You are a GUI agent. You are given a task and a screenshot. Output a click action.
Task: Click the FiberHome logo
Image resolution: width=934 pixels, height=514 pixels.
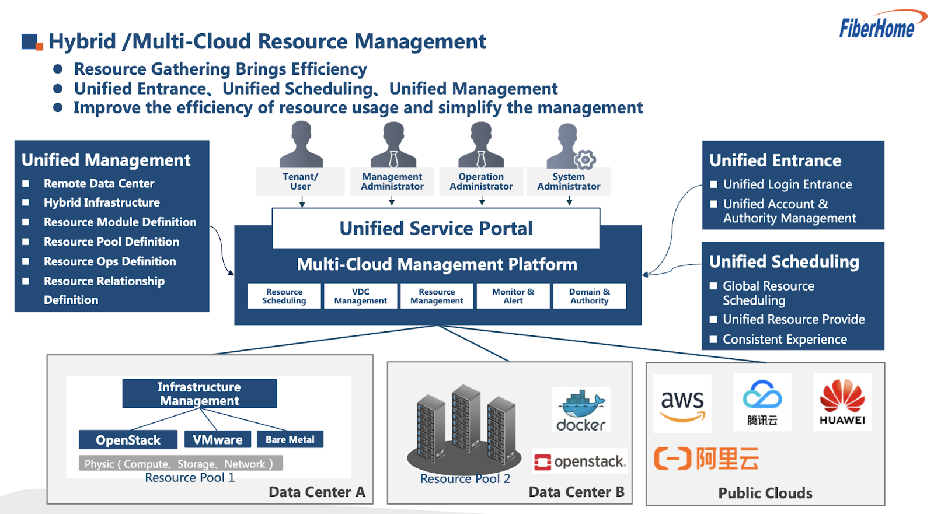tap(879, 26)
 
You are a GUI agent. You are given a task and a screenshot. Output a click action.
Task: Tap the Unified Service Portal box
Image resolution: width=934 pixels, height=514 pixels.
tap(436, 228)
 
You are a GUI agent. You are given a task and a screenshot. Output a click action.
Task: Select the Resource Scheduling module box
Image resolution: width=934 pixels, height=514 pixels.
tap(284, 296)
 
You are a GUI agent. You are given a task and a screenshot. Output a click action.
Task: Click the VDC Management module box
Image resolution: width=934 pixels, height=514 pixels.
tap(361, 296)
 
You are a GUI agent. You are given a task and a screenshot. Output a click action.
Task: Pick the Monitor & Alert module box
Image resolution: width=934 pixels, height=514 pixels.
tap(513, 296)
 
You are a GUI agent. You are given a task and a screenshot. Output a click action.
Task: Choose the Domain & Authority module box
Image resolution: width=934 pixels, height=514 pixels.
tap(590, 296)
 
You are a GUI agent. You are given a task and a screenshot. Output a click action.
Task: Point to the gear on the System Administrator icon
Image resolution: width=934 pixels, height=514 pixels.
tap(584, 159)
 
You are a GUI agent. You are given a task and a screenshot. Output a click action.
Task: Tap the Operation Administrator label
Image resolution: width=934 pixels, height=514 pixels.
tap(481, 181)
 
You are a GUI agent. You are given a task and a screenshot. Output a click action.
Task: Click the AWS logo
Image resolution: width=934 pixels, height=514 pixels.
tap(682, 404)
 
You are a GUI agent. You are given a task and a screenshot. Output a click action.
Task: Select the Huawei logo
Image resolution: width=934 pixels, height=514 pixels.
tap(842, 402)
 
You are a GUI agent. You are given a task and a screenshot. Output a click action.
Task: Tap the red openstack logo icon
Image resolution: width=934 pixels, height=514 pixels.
tap(542, 462)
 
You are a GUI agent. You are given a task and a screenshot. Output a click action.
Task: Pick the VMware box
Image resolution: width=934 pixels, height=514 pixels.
tap(218, 439)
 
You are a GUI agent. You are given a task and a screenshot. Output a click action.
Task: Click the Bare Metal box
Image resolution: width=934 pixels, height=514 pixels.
tap(290, 439)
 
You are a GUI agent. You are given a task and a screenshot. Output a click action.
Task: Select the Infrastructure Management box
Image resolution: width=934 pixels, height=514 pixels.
tap(199, 394)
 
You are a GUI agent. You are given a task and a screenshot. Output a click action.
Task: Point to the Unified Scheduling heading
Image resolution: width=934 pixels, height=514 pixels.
tap(784, 262)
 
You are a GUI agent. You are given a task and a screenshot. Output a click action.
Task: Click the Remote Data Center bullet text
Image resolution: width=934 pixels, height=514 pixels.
tap(99, 184)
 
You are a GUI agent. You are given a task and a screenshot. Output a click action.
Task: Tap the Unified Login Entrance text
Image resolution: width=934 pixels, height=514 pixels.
tap(787, 184)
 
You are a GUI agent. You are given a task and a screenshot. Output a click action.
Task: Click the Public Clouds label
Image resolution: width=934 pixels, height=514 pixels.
tap(765, 493)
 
